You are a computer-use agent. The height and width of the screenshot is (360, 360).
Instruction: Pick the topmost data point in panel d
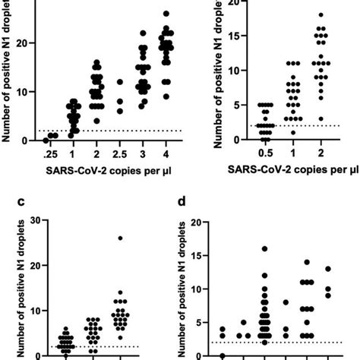pyautogui.click(x=264, y=248)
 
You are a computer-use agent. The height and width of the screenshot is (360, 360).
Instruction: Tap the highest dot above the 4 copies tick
pyautogui.click(x=166, y=14)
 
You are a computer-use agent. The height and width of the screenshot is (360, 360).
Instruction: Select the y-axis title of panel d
pyautogui.click(x=182, y=289)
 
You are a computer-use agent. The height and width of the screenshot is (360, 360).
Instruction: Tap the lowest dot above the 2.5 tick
pyautogui.click(x=120, y=111)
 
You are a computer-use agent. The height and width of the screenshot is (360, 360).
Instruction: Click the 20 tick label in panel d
pyautogui.click(x=199, y=223)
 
